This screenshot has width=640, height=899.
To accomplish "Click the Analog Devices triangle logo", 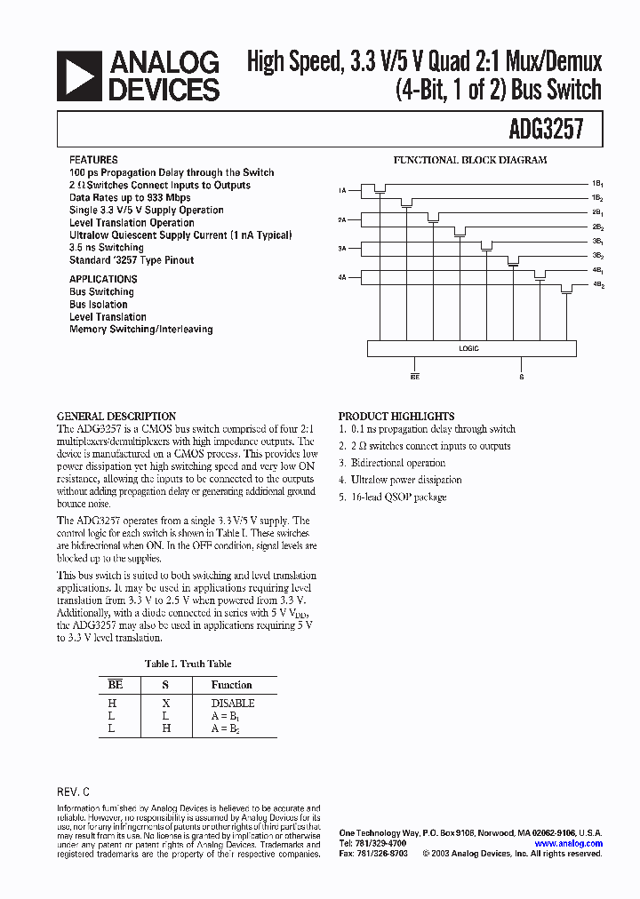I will point(77,76).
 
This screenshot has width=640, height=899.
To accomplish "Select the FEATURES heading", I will point(93,160).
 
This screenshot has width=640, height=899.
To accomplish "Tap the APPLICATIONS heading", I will point(103,279).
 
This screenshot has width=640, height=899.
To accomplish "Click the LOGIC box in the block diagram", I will point(468,348).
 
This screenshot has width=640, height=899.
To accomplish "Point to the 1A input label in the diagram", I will point(342,190).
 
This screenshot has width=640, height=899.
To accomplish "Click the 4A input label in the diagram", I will point(342,278).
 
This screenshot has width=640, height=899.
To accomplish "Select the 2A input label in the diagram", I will point(342,219).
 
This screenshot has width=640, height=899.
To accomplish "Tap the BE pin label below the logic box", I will point(415,377).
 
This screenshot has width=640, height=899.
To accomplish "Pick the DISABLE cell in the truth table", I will point(232,703).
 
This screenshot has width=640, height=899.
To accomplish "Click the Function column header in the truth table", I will point(232,685).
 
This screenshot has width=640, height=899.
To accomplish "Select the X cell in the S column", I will point(165,703).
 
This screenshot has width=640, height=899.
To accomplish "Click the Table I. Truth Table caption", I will point(188,664).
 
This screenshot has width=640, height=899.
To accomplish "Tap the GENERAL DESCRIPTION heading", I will point(116,416).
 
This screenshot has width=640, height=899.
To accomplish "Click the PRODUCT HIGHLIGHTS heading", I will point(396,416).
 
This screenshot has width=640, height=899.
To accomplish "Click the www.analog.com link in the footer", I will point(569,844).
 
